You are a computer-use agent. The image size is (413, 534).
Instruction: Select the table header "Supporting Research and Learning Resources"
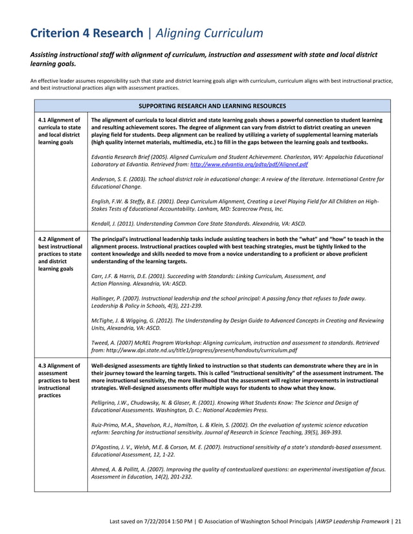pos(212,105)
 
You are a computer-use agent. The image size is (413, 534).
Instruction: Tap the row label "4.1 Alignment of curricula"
pos(60,131)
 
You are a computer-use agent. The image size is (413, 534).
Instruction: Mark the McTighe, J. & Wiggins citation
pos(233,324)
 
